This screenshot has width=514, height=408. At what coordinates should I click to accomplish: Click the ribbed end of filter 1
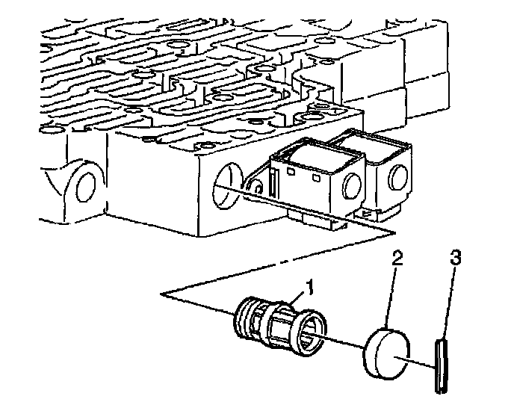244,314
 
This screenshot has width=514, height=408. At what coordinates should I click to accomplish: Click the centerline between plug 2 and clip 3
421,363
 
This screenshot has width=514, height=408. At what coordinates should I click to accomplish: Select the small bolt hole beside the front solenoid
258,185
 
